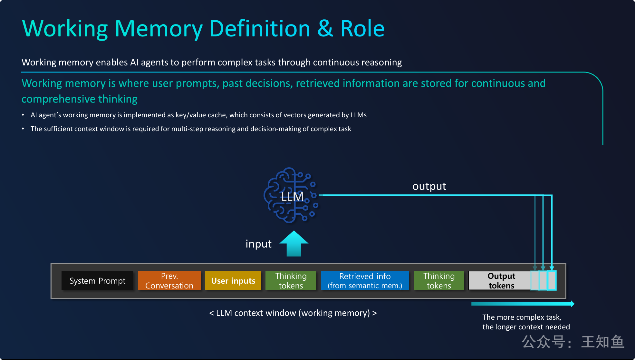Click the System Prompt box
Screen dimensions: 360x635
tap(97, 281)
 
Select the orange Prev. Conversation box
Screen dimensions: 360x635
tap(169, 281)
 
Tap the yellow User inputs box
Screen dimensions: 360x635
tap(233, 281)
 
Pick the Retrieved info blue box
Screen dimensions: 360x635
tap(365, 281)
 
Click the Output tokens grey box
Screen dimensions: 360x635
tap(501, 281)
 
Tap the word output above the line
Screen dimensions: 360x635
tap(429, 186)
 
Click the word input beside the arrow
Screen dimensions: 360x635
tap(258, 244)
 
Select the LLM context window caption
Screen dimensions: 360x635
tap(293, 313)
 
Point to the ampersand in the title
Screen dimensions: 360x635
tap(325, 29)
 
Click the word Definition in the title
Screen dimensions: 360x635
tap(260, 29)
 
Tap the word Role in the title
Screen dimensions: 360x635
tap(362, 29)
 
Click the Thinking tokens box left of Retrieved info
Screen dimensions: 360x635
tap(291, 281)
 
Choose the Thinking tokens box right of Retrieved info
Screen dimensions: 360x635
tap(439, 281)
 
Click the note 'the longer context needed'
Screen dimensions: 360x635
tap(526, 327)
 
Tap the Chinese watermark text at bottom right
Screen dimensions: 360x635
tap(573, 342)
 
